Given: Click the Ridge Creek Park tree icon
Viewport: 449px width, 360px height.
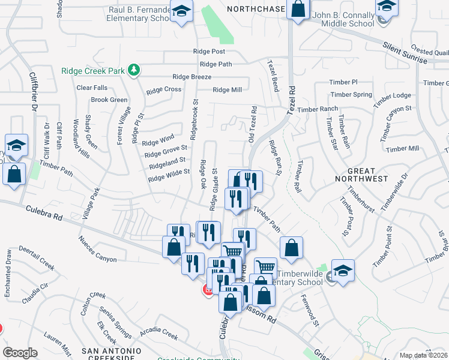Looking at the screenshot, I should (134, 71).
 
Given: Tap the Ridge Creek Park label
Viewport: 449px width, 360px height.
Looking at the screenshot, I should (92, 71).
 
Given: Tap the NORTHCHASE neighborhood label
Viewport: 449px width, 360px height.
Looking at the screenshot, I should (255, 9).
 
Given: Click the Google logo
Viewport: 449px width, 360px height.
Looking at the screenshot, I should (20, 352).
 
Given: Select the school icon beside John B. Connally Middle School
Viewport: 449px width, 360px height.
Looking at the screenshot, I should (387, 8).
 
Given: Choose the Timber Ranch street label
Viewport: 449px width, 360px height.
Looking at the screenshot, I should (318, 109).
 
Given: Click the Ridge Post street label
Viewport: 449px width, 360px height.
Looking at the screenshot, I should (209, 52).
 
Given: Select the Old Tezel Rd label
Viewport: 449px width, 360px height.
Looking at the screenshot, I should (253, 125).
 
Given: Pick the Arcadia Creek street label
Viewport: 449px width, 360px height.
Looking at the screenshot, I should (158, 332).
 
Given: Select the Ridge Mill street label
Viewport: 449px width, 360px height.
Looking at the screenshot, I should (227, 90).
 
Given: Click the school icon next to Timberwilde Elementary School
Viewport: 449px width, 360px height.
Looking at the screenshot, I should (342, 269).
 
